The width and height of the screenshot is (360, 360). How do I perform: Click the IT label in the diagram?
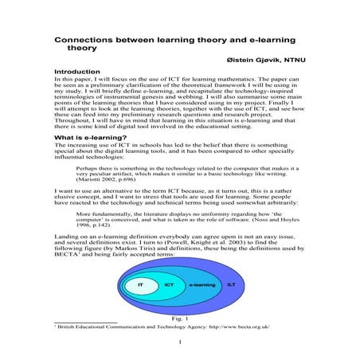tap(139, 284)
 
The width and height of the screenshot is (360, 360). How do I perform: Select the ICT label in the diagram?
tap(169, 284)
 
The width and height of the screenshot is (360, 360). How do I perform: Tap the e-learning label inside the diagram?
tap(202, 284)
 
